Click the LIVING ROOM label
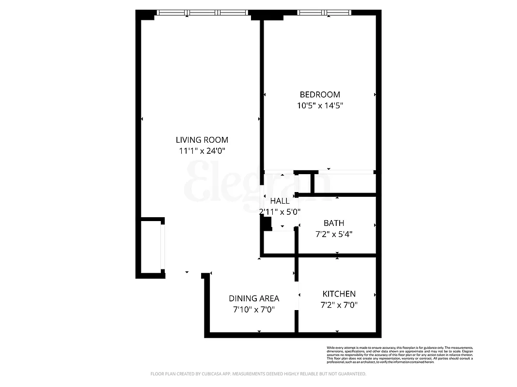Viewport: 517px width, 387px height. [x=202, y=140]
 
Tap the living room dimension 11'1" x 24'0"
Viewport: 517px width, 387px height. [x=202, y=151]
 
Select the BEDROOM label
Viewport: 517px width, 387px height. [x=320, y=94]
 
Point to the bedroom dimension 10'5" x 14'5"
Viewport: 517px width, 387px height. [x=320, y=105]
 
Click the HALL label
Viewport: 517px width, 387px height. [x=280, y=201]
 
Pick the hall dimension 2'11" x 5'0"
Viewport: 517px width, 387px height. [x=280, y=212]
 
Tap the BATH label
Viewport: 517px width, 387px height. [x=334, y=223]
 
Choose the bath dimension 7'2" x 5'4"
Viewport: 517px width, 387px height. [x=334, y=234]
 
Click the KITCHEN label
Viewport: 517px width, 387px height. [x=339, y=294]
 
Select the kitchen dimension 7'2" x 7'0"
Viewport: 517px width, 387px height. [x=339, y=305]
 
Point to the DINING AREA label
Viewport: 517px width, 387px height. [x=254, y=298]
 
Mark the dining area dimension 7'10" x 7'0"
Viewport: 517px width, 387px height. [x=254, y=310]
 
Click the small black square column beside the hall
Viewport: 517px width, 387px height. [x=266, y=223]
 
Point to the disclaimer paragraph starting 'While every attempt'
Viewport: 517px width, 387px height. [x=399, y=355]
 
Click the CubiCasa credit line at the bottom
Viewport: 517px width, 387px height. [x=258, y=374]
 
